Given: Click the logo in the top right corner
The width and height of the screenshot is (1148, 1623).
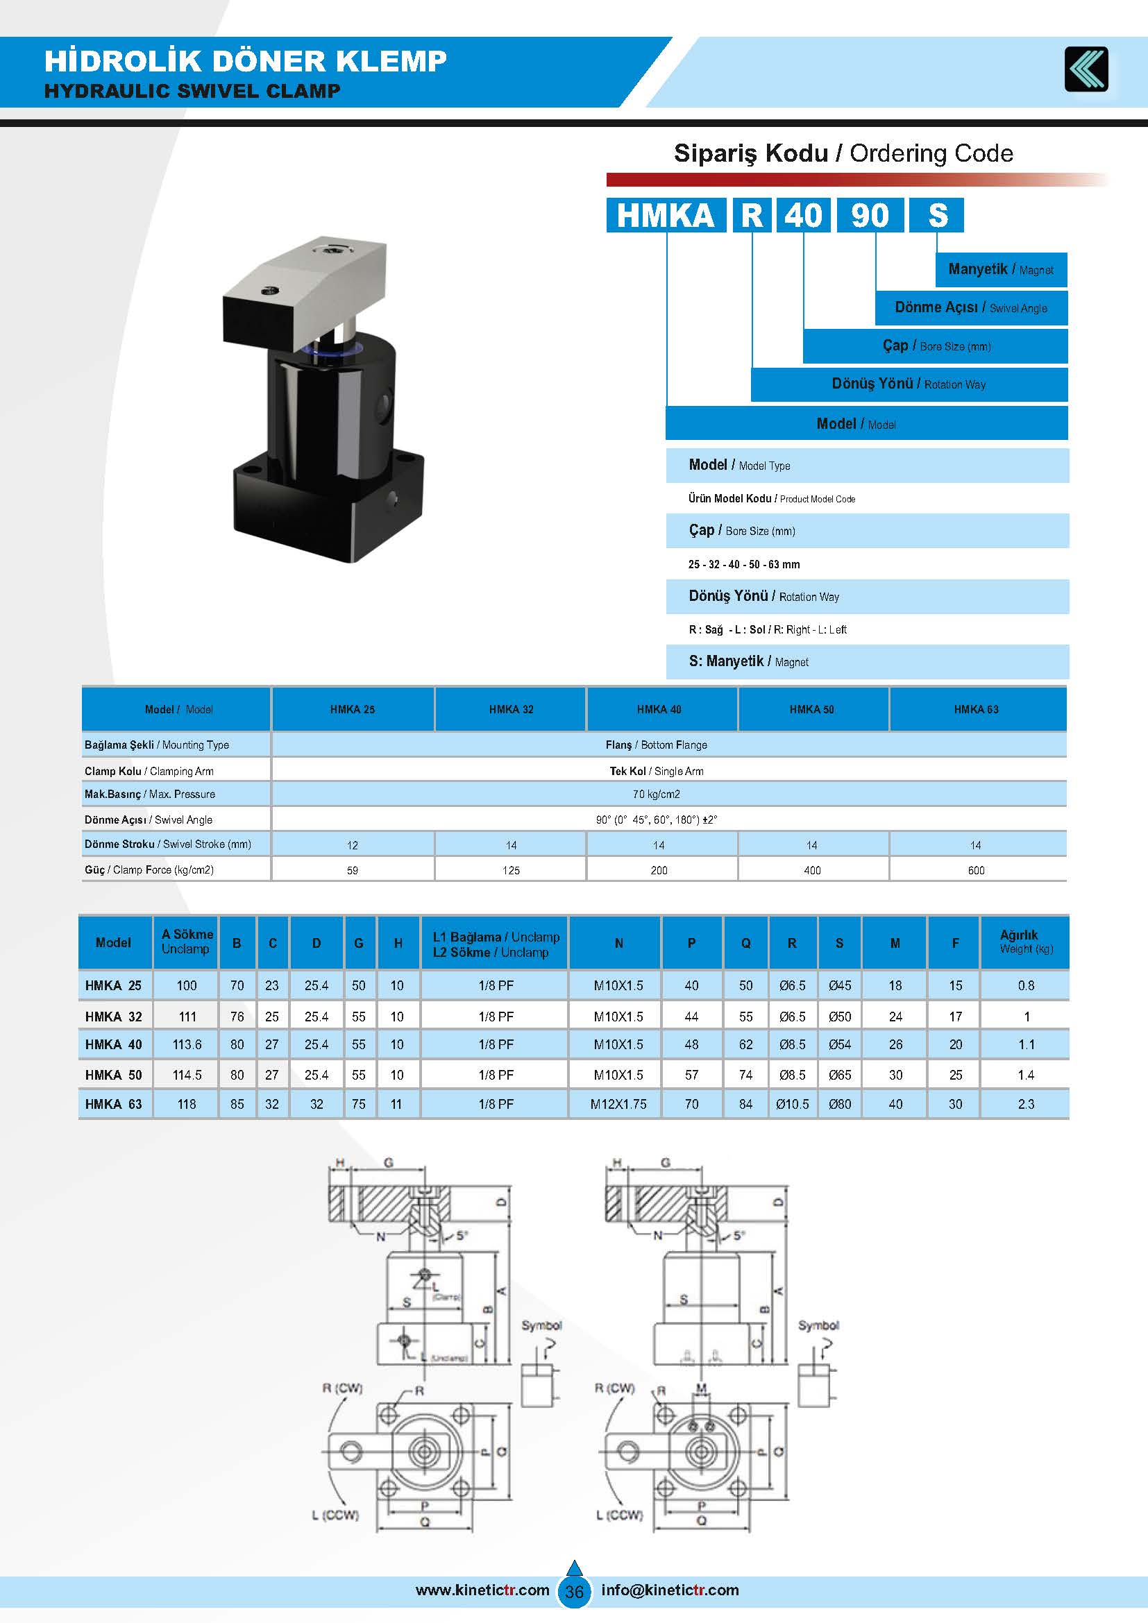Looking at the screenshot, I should [1086, 69].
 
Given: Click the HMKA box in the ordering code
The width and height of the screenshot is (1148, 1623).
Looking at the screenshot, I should [665, 215].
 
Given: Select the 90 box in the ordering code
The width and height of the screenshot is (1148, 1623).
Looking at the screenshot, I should [870, 215].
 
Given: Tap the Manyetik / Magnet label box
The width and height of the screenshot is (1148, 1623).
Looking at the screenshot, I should [1000, 269].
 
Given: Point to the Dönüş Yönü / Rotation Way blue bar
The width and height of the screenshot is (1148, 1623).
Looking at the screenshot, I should [909, 384].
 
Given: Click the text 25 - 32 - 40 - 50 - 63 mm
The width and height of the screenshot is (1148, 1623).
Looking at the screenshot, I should [743, 564].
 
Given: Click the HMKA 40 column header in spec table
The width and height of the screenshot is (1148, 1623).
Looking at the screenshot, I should [659, 709].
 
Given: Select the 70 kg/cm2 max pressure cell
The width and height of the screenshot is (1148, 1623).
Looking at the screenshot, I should [656, 794].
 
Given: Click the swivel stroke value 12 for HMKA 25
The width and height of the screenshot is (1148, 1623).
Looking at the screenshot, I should [352, 844].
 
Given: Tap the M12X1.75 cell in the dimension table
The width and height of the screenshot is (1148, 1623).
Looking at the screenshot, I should [618, 1104].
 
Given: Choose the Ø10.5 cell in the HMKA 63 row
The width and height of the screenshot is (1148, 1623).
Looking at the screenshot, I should [792, 1104].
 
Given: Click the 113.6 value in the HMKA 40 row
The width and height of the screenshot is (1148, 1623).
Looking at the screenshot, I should [187, 1044].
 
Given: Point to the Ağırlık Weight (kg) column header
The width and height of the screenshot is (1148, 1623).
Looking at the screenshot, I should [1025, 942].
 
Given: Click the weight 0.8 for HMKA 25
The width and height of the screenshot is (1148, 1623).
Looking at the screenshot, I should [1026, 985].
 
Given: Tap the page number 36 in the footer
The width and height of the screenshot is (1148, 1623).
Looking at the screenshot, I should [574, 1591].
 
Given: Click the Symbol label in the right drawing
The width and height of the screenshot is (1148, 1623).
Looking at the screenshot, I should [818, 1325].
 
